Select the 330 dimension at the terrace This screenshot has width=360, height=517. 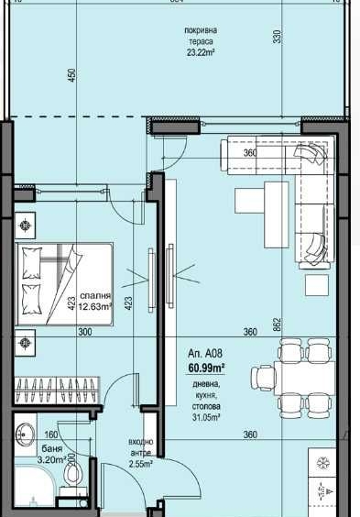276,38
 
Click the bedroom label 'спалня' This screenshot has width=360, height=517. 95,296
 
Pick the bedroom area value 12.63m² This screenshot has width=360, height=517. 95,307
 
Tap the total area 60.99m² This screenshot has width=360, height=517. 206,368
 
